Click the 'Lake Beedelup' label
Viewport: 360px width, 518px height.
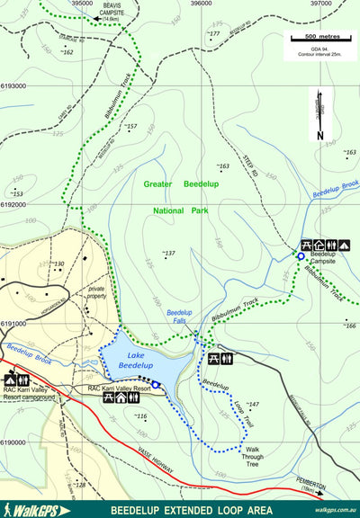pos(135,361)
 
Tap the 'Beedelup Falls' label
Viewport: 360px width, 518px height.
pos(180,317)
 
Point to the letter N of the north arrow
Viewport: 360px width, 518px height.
pos(319,135)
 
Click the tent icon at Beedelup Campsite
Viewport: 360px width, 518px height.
pos(344,245)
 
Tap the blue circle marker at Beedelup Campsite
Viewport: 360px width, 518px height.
pos(301,257)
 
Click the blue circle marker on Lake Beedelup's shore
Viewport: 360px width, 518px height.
pos(156,385)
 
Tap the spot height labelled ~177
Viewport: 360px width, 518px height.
pos(212,34)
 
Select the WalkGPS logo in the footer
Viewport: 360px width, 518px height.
pos(37,510)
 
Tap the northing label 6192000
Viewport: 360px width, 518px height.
pos(13,204)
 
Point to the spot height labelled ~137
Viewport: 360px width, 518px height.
pos(168,254)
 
